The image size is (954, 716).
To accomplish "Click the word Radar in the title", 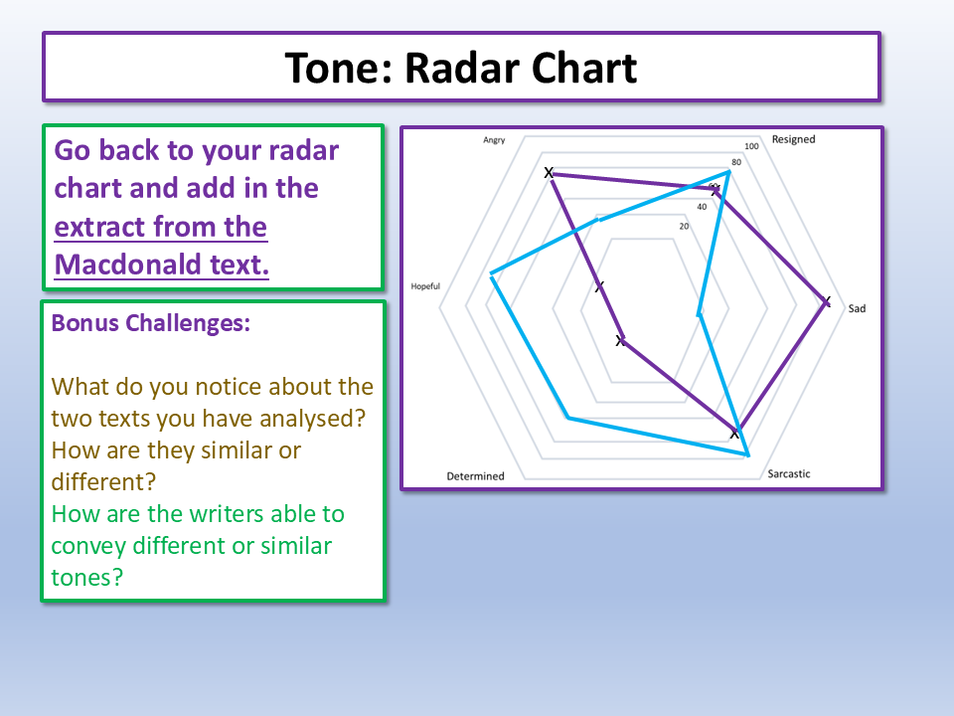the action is [461, 68].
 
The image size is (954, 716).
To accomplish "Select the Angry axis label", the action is [494, 140].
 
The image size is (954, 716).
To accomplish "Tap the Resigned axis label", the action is [793, 139].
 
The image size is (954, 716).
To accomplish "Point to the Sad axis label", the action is [857, 308].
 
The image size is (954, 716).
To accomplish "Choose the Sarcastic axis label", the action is [788, 473].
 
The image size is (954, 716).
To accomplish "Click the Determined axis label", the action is [475, 476].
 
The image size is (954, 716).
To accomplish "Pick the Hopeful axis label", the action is [425, 286].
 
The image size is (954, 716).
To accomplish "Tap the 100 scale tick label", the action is [751, 146].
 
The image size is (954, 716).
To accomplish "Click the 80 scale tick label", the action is [736, 162].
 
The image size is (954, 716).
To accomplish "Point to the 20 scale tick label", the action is [684, 227].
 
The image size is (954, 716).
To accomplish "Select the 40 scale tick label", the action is [702, 207].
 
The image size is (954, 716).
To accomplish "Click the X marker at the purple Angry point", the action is [549, 173].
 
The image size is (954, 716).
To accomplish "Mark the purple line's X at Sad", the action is [826, 301].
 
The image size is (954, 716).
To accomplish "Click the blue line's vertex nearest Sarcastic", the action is [747, 453].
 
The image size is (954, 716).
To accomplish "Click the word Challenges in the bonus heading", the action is [188, 323].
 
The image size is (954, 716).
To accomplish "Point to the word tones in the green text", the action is [87, 577].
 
